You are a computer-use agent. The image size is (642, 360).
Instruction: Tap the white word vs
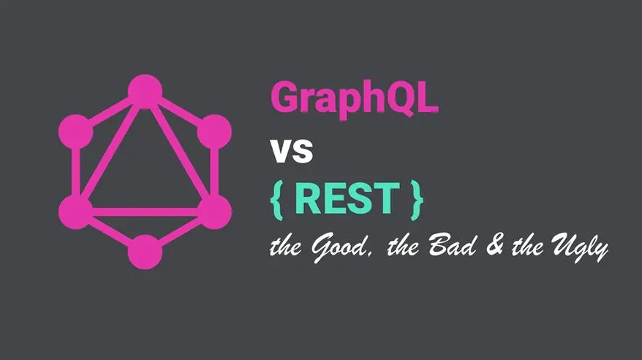[292, 151]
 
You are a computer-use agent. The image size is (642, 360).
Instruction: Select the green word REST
[347, 198]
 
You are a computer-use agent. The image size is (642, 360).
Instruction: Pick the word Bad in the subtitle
[453, 245]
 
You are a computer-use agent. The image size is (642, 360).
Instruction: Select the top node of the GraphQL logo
[145, 91]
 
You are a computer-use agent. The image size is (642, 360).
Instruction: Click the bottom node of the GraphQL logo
[145, 252]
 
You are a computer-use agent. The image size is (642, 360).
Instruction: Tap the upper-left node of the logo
[76, 132]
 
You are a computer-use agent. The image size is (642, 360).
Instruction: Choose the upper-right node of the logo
[214, 132]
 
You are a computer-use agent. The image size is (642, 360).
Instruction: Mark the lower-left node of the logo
[76, 211]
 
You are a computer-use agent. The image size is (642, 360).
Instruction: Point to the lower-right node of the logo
[214, 211]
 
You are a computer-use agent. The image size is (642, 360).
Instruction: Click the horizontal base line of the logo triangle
[145, 211]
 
